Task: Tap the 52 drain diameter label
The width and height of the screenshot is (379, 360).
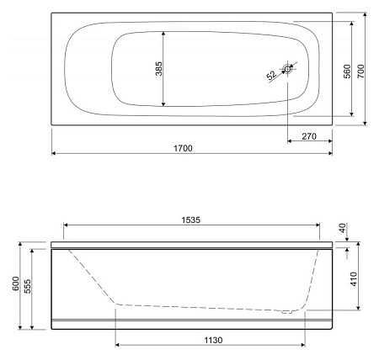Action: pyautogui.click(x=271, y=77)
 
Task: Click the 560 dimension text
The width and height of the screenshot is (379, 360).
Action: pyautogui.click(x=346, y=71)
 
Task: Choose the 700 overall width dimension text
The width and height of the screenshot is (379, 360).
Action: pyautogui.click(x=361, y=71)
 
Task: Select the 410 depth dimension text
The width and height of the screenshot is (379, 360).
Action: pyautogui.click(x=353, y=279)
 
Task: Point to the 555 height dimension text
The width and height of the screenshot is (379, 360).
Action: pyautogui.click(x=29, y=287)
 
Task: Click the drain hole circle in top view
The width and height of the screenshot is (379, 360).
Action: pyautogui.click(x=289, y=70)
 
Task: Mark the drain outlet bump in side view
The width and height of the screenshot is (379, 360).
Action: pyautogui.click(x=288, y=312)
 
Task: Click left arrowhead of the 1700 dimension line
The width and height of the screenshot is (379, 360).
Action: pyautogui.click(x=55, y=154)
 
